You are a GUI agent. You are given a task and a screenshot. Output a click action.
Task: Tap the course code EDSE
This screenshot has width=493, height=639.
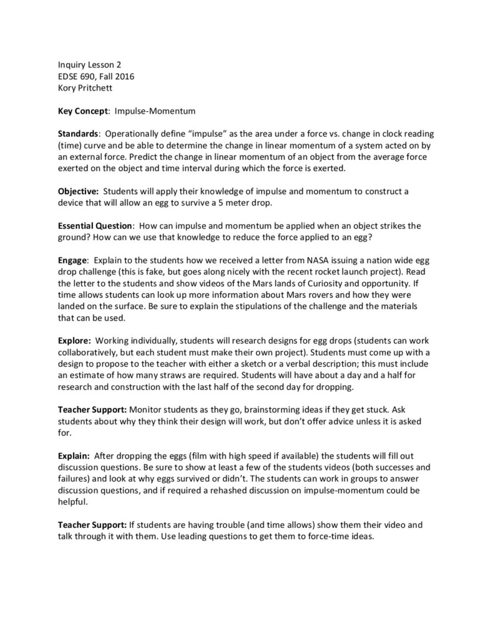click(x=69, y=76)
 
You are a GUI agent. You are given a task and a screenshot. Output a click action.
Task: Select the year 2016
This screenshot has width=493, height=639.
click(x=123, y=76)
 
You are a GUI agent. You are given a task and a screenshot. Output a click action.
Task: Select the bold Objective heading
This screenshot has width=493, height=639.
click(x=78, y=192)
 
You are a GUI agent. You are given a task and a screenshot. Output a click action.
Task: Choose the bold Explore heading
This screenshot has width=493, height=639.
click(x=74, y=341)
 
